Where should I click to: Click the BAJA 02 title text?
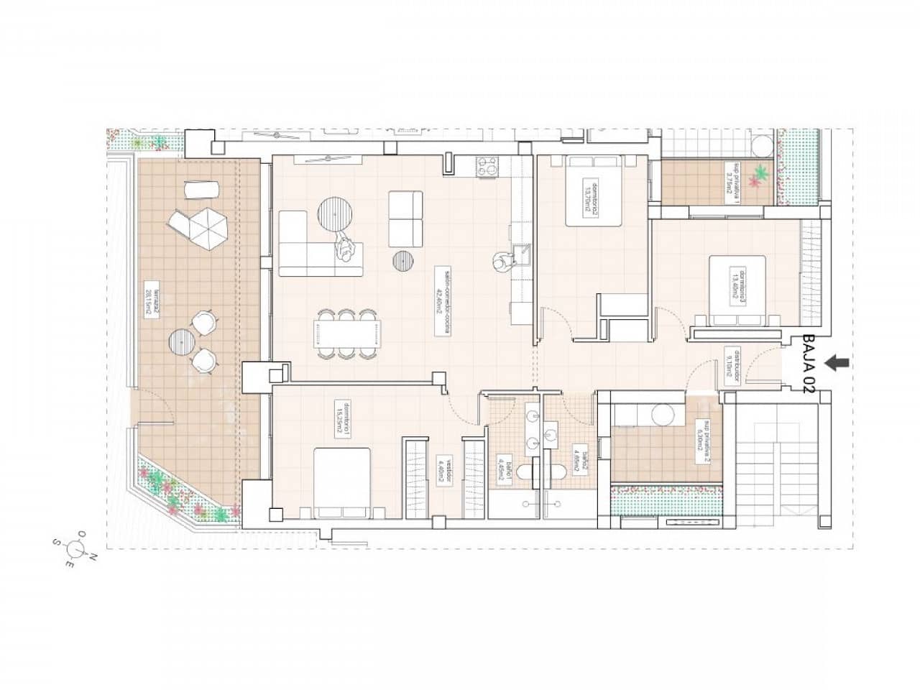809,363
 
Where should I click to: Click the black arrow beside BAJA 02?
837,364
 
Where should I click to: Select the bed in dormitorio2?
594,192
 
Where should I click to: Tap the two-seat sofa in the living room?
405,217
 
